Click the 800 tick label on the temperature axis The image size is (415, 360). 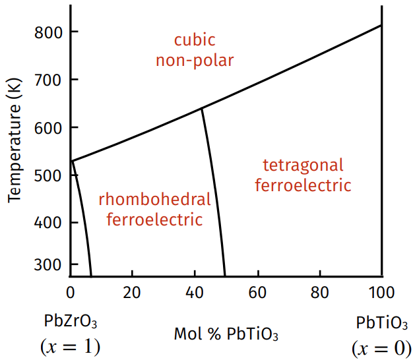[48, 32]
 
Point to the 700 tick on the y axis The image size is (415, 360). [48, 80]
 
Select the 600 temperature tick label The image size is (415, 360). [48, 127]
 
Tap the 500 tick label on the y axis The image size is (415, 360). [48, 175]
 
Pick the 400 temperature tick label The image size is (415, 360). [48, 222]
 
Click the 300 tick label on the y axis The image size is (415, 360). [48, 264]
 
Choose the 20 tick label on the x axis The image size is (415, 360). [132, 292]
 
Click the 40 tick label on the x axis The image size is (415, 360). [194, 292]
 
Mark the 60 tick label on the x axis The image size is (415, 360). [257, 292]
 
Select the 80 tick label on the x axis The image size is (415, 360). [319, 292]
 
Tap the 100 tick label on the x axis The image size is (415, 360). [381, 292]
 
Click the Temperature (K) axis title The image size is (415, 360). [15, 142]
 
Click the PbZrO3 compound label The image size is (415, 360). [70, 322]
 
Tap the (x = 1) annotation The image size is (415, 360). [70, 346]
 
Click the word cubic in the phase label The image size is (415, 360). [195, 40]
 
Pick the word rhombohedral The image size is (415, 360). [154, 199]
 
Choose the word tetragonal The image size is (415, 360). [303, 165]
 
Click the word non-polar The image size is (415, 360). [195, 61]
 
